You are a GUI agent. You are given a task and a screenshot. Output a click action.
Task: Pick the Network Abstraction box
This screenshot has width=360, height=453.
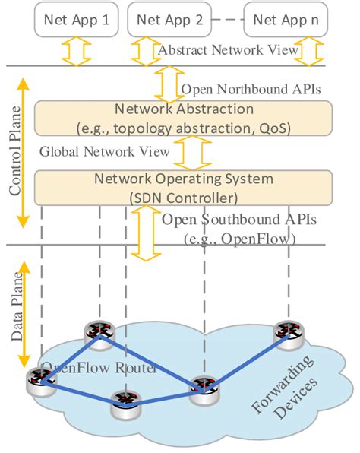point(184,118)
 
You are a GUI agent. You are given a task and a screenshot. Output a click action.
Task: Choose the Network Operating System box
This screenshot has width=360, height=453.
point(184,187)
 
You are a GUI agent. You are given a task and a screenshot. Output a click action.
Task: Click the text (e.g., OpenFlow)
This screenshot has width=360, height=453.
point(240,239)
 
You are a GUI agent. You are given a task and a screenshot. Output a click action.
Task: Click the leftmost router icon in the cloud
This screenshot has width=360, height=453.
point(36,379)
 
